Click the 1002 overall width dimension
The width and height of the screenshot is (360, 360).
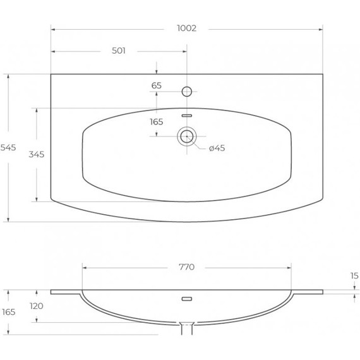tap(187, 28)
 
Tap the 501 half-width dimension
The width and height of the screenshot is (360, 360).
tap(119, 51)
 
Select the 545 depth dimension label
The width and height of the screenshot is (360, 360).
tap(8, 148)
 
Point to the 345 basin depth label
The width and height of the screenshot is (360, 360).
tap(37, 154)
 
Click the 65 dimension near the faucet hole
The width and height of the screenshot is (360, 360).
tap(157, 86)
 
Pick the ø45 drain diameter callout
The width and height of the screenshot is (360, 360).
tap(217, 148)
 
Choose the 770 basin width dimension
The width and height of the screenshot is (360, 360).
tap(187, 267)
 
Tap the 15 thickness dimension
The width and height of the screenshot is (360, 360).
tap(354, 276)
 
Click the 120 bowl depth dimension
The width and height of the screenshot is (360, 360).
tap(37, 306)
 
